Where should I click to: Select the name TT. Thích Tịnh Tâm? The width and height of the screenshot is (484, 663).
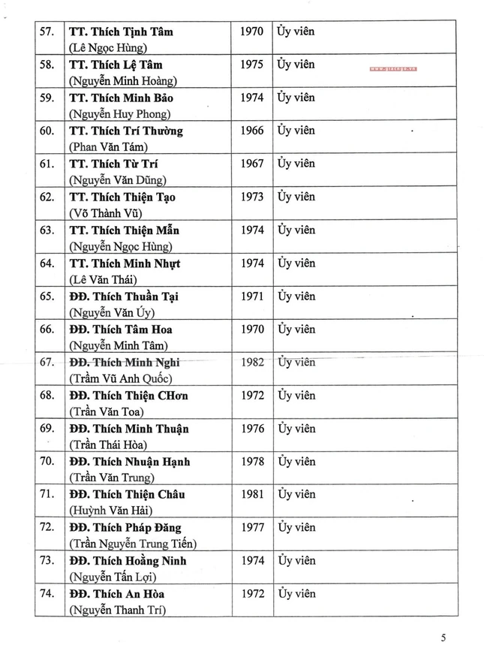coord(121,32)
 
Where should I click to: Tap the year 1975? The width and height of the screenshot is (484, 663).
coord(251,65)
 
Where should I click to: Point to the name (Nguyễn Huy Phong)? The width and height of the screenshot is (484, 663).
coord(120,114)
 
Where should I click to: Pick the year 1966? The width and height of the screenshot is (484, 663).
coord(251,131)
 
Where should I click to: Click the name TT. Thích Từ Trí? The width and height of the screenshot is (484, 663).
coord(113,164)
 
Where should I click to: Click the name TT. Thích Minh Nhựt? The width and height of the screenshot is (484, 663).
coord(124,263)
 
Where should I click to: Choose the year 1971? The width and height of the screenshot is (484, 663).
coord(251,296)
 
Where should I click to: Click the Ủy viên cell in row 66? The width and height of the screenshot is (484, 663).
coord(296,329)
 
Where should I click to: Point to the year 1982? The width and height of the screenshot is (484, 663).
coord(252,362)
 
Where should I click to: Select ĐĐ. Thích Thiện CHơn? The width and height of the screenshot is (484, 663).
coord(128,395)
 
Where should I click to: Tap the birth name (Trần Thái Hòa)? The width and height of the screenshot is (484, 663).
coord(110,445)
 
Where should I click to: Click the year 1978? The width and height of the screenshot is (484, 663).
coord(251,461)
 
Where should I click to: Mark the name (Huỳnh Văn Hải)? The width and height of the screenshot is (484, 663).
coord(110,511)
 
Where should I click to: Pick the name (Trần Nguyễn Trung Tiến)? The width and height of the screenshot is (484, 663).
coord(133,544)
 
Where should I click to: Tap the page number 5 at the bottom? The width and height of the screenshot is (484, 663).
coord(443,638)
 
